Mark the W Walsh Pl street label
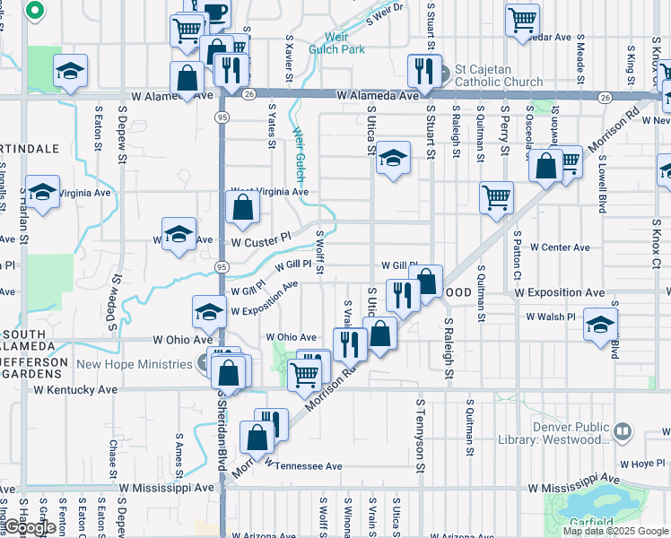tap(551, 317)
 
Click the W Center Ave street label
tap(560, 247)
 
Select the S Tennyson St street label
tap(419, 436)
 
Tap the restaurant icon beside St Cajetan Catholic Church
tap(423, 71)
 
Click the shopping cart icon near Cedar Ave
tap(522, 20)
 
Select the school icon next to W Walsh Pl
tap(599, 325)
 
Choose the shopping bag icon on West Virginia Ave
tap(242, 208)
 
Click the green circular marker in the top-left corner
tap(34, 11)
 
